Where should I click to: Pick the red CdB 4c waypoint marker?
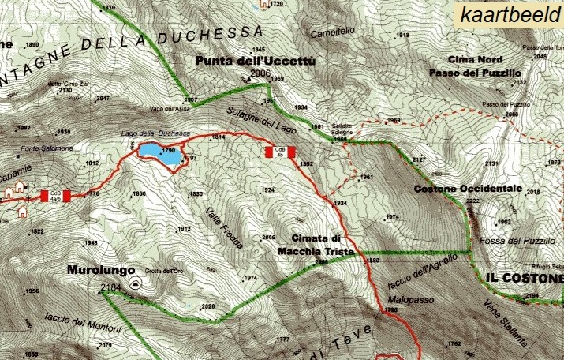click(x=279, y=152)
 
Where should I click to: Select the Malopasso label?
click(x=407, y=300)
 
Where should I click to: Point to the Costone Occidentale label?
click(x=469, y=189)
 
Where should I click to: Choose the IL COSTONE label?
click(x=524, y=279)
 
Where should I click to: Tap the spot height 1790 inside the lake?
click(x=167, y=150)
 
